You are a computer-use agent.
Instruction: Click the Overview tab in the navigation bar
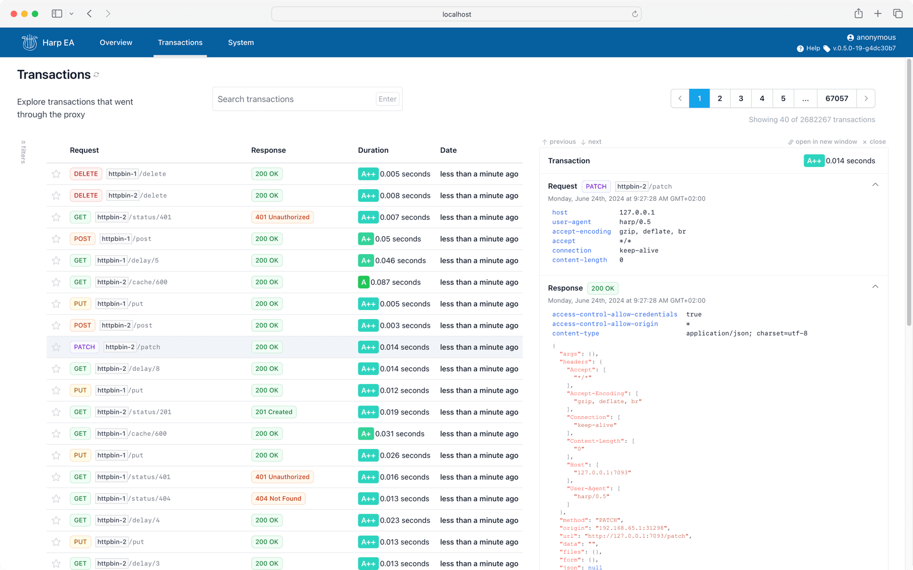click(x=116, y=42)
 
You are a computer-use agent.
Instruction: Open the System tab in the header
click(x=240, y=42)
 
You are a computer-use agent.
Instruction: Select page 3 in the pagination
click(x=741, y=98)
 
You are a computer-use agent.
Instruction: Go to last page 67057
click(x=836, y=98)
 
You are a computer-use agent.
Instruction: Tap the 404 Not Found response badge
click(x=278, y=498)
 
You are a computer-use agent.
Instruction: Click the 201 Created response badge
click(x=274, y=412)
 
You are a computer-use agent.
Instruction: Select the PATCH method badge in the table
click(x=85, y=347)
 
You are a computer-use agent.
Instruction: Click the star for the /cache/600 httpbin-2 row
click(x=56, y=282)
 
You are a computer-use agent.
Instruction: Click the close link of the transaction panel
click(x=874, y=142)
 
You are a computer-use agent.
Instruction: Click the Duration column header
click(x=373, y=150)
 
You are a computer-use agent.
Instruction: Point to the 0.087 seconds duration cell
click(x=395, y=282)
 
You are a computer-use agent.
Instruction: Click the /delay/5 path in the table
click(x=144, y=260)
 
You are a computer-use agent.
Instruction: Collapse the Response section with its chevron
click(x=875, y=287)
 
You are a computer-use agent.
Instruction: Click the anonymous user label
click(x=875, y=37)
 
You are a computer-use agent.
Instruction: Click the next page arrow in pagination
click(x=865, y=98)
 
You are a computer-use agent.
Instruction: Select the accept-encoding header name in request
click(x=581, y=231)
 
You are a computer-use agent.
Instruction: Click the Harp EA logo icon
click(x=30, y=42)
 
